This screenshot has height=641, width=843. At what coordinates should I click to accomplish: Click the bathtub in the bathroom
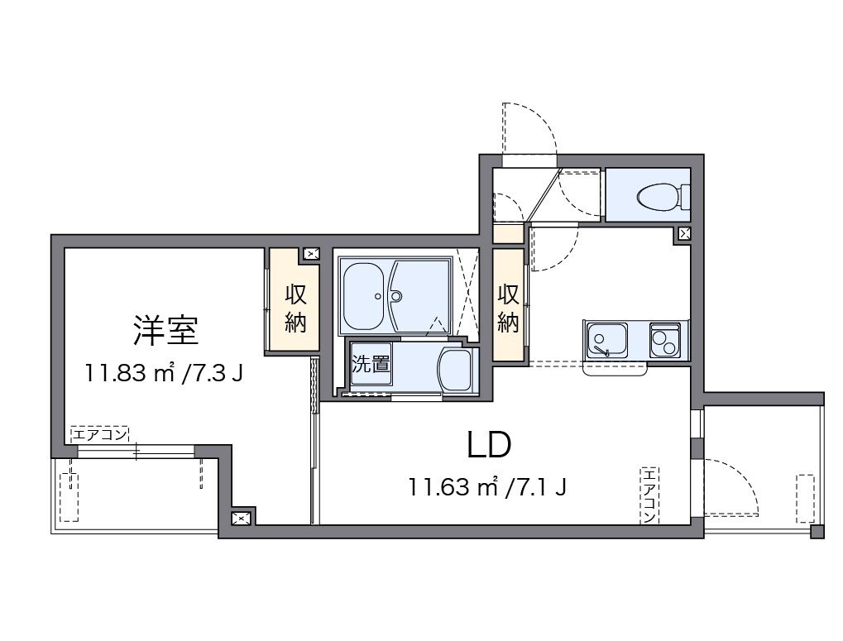point(368,294)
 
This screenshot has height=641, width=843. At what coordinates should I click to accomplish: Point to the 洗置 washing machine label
point(371,364)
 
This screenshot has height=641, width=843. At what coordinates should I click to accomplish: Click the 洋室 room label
point(165,331)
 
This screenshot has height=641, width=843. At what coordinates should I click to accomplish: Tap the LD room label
point(489,446)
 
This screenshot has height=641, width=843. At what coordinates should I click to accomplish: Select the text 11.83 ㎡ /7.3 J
point(164,374)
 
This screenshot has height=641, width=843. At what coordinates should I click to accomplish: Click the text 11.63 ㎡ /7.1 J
point(487,486)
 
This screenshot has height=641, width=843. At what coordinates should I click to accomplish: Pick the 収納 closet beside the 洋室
point(295,308)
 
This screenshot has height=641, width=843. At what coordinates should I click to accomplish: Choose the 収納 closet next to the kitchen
point(509,308)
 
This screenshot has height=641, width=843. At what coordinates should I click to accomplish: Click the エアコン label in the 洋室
point(99,434)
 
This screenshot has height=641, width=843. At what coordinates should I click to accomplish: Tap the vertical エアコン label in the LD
point(649,495)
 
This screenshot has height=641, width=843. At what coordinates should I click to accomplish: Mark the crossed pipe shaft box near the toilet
point(684,234)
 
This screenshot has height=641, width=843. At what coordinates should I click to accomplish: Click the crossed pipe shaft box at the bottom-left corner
point(241,519)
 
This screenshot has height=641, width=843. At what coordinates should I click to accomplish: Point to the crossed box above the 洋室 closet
point(311,254)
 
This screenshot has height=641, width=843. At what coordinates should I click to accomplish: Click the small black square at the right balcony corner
point(817,532)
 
